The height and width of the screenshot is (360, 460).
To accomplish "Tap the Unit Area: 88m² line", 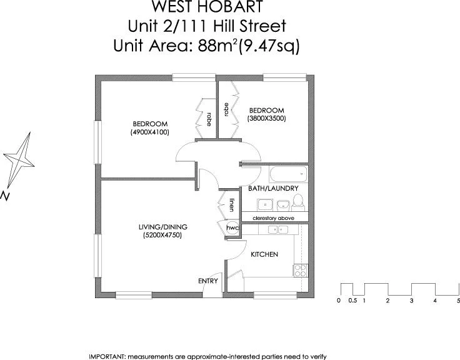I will [x=207, y=46].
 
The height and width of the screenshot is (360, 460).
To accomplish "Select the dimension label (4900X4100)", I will [x=149, y=132].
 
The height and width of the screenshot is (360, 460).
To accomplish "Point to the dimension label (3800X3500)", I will [x=266, y=118].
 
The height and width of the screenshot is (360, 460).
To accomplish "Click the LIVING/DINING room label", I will [x=163, y=227].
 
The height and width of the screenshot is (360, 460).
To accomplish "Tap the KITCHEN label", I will [x=264, y=254].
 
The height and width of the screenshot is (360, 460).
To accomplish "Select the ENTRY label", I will [x=208, y=281].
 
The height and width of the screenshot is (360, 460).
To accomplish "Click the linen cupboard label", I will [x=232, y=205].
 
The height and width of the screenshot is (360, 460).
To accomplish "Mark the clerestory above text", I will [x=273, y=217].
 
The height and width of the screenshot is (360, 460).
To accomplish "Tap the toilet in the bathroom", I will [x=298, y=201].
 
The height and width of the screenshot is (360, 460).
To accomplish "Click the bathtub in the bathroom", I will [x=287, y=173].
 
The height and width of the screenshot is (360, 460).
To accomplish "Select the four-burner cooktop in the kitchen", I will [x=299, y=270].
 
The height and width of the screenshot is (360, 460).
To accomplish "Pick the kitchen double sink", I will [x=274, y=230].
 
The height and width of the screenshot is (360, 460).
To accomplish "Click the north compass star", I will [x=20, y=156].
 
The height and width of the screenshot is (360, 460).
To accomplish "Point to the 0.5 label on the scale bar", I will [x=352, y=301].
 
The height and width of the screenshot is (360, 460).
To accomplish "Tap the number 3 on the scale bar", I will [x=411, y=301].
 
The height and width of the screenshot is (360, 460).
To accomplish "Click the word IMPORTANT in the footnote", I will [x=107, y=356].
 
